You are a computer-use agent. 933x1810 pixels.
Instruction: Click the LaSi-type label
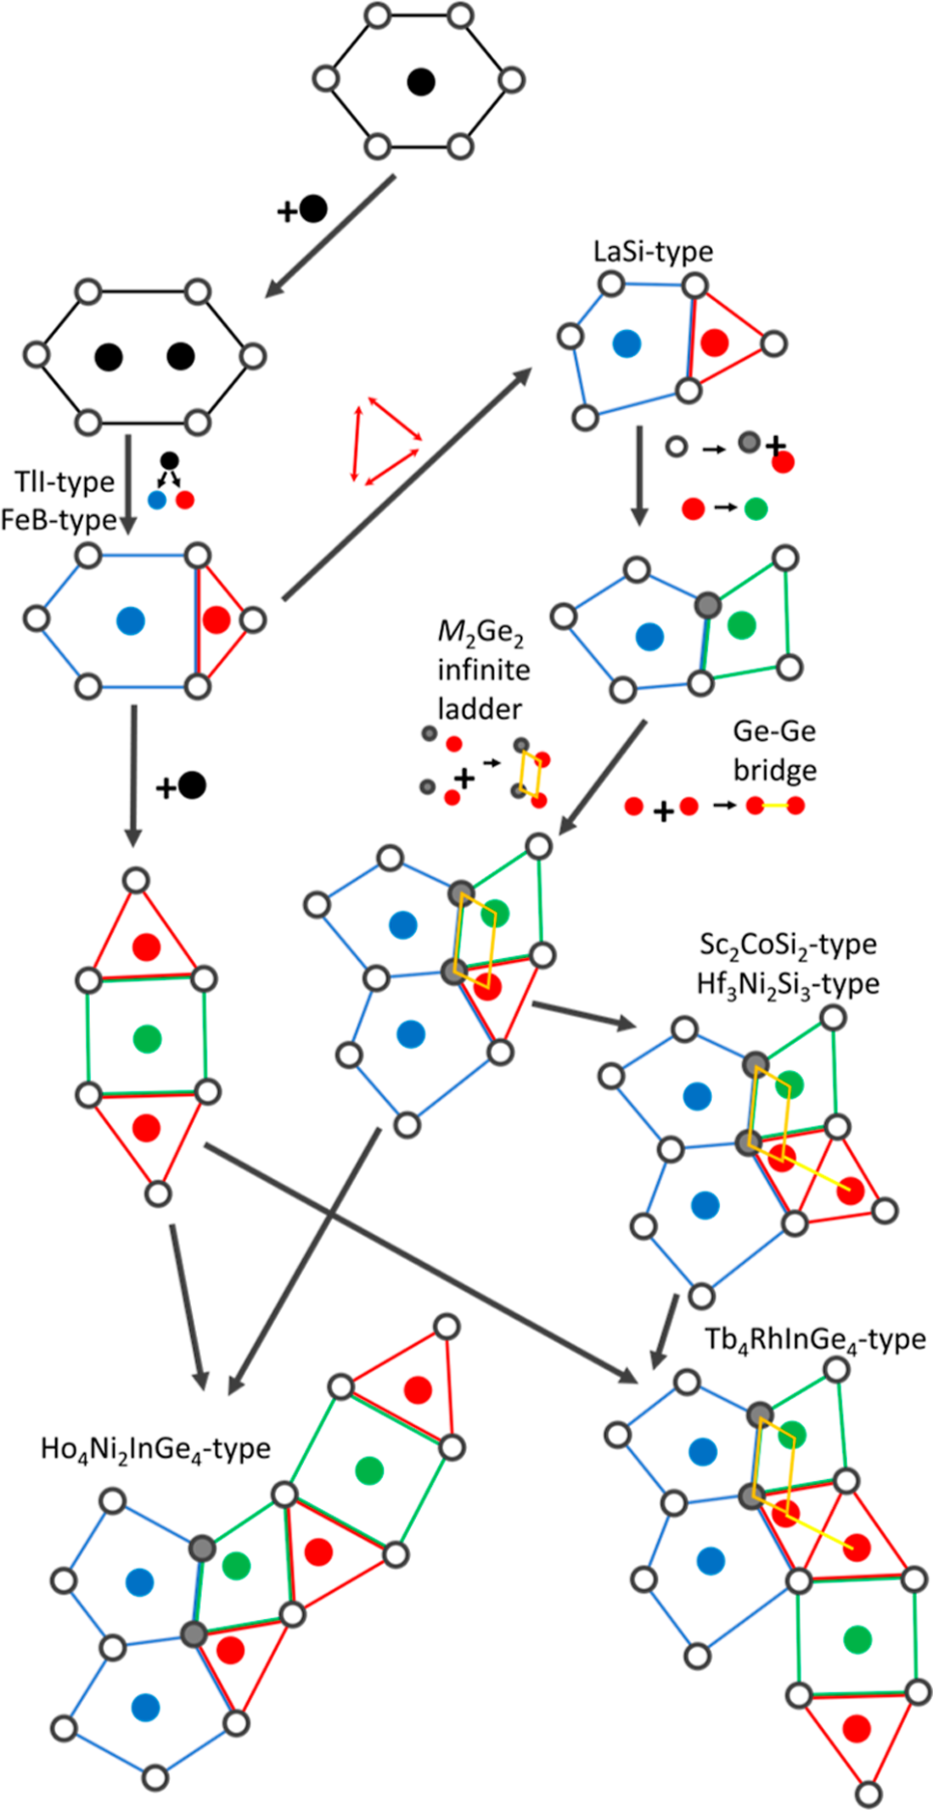point(653,252)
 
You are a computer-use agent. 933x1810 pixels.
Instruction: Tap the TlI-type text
point(65,481)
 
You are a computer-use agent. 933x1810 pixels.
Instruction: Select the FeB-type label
point(59,520)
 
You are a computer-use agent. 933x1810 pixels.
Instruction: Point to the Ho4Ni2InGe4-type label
point(155,1450)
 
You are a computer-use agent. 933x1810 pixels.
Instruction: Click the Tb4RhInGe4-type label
point(815,1340)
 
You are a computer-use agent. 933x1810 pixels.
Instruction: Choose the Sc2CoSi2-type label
point(787,945)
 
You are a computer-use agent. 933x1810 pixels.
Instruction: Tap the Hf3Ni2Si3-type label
point(787,984)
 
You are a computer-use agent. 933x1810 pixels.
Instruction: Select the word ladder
point(480,709)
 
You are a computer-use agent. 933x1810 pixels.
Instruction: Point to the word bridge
point(775,770)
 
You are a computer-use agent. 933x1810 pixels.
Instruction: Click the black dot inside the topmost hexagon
point(420,82)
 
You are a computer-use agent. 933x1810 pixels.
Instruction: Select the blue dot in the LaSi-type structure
point(627,343)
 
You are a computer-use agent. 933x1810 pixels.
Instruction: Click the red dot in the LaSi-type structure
point(715,342)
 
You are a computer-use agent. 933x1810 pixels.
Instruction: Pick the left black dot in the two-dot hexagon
point(108,356)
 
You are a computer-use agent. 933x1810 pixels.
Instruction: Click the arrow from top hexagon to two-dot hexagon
point(331,235)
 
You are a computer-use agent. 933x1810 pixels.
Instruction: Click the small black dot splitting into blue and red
point(170,460)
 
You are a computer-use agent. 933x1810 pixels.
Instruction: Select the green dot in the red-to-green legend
point(756,507)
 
